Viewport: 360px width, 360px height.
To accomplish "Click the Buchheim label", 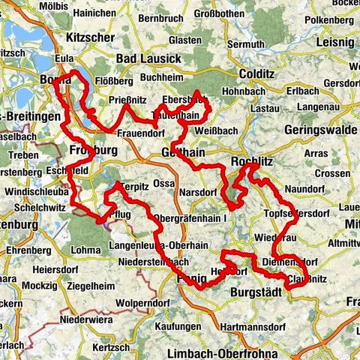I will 162,76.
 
